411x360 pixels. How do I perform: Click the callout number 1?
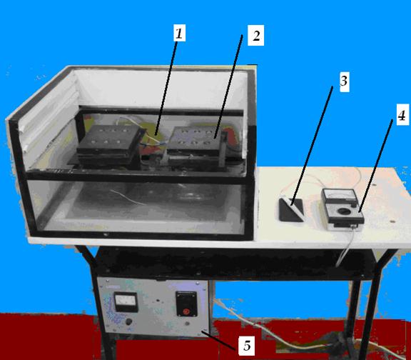pyautogui.click(x=180, y=33)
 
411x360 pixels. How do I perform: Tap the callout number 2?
pyautogui.click(x=256, y=36)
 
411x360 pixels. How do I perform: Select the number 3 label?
pyautogui.click(x=344, y=81)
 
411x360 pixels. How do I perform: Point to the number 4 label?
pyautogui.click(x=402, y=114)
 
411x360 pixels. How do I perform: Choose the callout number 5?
pyautogui.click(x=246, y=346)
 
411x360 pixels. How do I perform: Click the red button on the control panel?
pyautogui.click(x=186, y=311)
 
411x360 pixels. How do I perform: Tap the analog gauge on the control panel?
pyautogui.click(x=126, y=301)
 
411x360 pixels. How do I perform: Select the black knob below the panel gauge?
pyautogui.click(x=128, y=322)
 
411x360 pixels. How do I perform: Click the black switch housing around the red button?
pyautogui.click(x=186, y=304)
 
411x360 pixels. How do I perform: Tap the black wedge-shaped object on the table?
pyautogui.click(x=291, y=210)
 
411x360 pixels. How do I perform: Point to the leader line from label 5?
pyautogui.click(x=218, y=340)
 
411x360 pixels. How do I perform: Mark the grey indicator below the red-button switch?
pyautogui.click(x=187, y=324)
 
